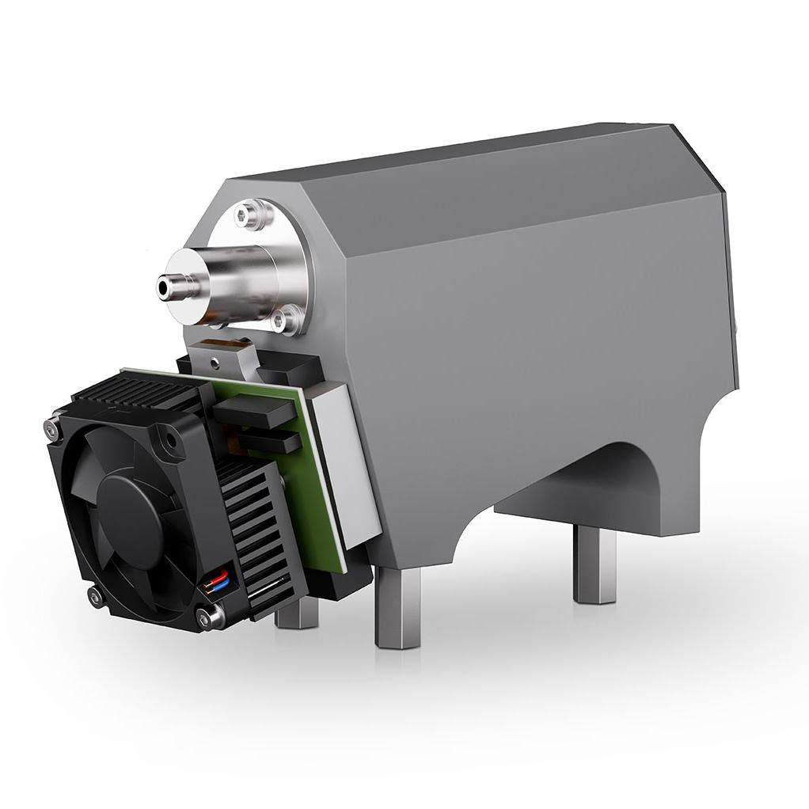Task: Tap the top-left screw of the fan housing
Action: (52, 428)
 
